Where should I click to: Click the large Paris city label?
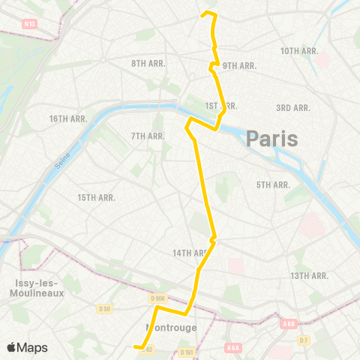point(271,139)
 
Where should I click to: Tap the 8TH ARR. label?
point(148,63)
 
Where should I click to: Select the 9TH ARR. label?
point(239,66)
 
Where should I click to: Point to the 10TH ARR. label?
point(300,51)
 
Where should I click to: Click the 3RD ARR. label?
point(293,108)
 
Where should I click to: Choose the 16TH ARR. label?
point(69,119)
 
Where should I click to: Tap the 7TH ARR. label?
point(148,136)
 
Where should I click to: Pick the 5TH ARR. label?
point(273,184)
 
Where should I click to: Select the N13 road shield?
point(30,24)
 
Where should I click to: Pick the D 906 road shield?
point(157,299)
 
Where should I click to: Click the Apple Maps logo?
point(26,347)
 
